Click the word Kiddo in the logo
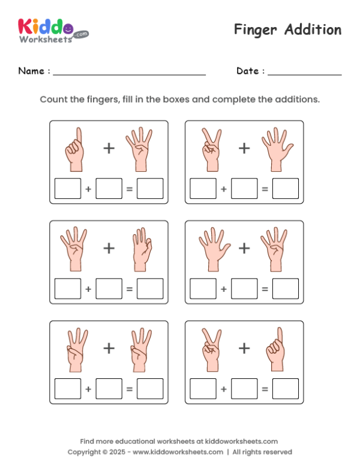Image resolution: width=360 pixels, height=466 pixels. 45,26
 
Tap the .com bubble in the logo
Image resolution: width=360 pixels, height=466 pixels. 81,34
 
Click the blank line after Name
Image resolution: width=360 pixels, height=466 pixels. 129,73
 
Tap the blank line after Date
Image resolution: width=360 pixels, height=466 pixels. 304,73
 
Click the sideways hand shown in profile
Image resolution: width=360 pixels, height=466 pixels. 139,248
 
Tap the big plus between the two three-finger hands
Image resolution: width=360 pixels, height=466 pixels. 109,348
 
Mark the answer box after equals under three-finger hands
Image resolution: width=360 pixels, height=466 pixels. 149,389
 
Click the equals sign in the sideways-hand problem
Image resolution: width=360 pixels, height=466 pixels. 129,289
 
